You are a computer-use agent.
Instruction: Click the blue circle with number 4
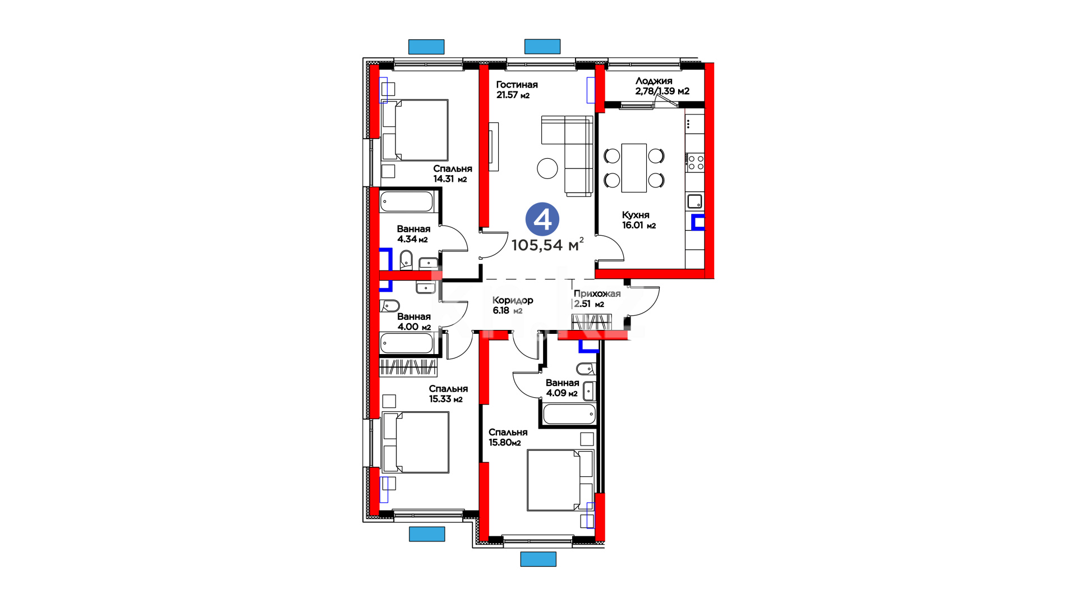coord(542,219)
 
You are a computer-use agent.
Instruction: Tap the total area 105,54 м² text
coord(547,245)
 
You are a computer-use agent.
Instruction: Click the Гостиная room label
coord(517,85)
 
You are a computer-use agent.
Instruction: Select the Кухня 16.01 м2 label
coord(639,220)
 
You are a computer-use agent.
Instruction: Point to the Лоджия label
coord(653,81)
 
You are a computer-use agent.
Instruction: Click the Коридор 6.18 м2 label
coord(513,305)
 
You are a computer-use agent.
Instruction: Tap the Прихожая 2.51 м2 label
coord(597,299)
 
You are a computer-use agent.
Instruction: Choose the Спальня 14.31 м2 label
coord(452,173)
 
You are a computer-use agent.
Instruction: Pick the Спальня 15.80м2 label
coord(508,437)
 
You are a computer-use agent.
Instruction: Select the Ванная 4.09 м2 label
coord(562,388)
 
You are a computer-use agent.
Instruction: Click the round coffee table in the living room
coord(547,168)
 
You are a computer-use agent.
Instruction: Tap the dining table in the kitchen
coord(634,168)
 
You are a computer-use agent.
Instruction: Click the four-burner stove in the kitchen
coord(696,163)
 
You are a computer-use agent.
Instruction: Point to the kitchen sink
coord(694,201)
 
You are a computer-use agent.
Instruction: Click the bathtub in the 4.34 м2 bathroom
coord(407,201)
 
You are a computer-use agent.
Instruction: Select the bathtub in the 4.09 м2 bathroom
coord(569,414)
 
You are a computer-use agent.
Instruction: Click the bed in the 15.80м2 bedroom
coord(560,480)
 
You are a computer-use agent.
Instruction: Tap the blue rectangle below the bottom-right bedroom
coord(538,559)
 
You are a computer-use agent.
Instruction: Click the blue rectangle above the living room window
coord(542,47)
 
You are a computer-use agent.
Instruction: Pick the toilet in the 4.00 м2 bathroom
coord(390,306)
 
